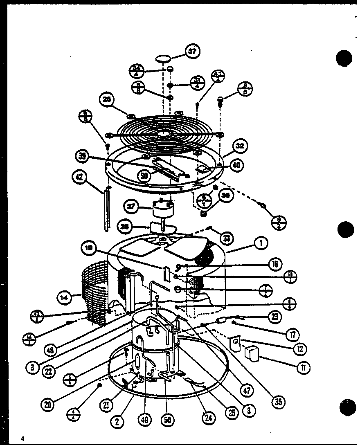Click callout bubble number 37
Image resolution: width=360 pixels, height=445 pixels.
[x=192, y=52]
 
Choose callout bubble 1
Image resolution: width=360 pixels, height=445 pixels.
[x=260, y=243]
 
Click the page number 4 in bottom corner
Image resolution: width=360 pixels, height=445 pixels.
[x=23, y=438]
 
